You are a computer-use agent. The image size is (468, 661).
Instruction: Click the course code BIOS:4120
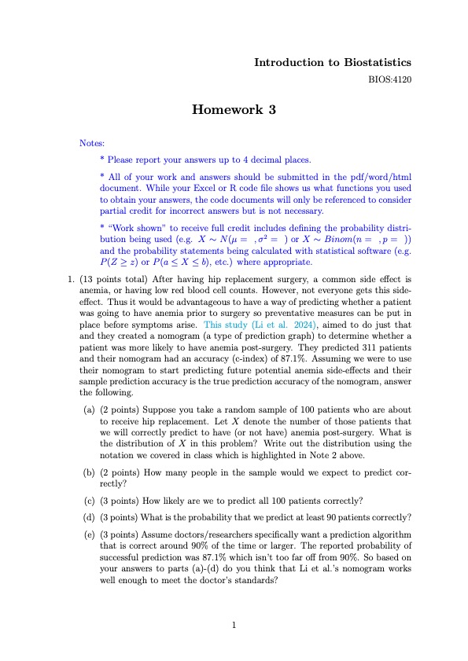[391, 79]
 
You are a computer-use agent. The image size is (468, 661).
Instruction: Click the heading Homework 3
[234, 110]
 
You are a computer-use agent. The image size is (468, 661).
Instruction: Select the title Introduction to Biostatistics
[333, 62]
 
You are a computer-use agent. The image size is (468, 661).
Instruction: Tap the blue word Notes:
[92, 144]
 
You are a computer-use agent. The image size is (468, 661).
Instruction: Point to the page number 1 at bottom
[234, 626]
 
